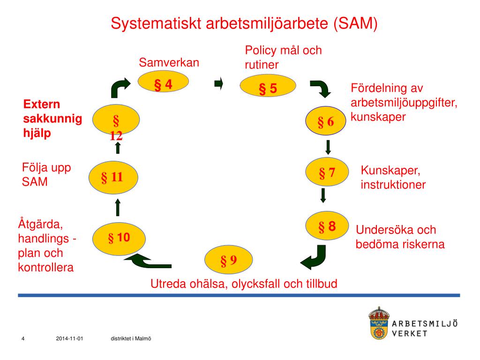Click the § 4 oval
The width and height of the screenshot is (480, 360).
click(x=163, y=84)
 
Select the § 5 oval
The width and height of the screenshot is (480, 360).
click(x=268, y=87)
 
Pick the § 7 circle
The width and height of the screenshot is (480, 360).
click(x=327, y=172)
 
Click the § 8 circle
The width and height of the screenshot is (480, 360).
click(x=327, y=226)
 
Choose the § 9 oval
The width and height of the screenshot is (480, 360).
click(x=229, y=260)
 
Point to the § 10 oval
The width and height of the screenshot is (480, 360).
click(x=119, y=238)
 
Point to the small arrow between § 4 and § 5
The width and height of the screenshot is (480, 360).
click(x=218, y=84)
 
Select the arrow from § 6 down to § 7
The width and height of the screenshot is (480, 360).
click(x=328, y=147)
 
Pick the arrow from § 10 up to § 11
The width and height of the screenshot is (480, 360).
click(x=118, y=207)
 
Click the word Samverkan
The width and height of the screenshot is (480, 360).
click(x=169, y=63)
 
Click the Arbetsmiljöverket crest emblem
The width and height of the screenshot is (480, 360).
click(x=378, y=323)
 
